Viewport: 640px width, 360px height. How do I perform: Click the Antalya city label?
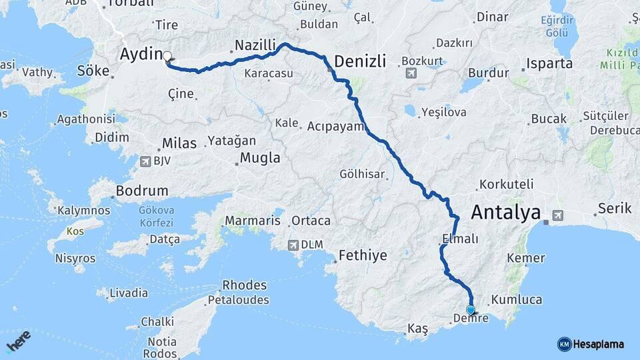click(505, 213)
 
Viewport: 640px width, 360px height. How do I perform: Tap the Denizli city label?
click(360, 61)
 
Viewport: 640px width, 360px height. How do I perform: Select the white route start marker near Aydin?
click(167, 57)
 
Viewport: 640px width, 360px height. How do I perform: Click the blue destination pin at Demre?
click(471, 310)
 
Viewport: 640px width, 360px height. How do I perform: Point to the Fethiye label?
click(363, 255)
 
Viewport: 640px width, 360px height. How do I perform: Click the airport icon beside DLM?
click(293, 245)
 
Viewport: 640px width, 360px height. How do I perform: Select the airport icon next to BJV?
click(146, 161)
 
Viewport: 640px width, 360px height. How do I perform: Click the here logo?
click(19, 342)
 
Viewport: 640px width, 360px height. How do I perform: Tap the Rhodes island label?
click(244, 285)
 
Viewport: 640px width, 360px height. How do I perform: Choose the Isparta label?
click(549, 64)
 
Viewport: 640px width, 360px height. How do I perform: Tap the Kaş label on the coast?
click(417, 329)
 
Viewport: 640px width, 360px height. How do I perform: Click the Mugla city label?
click(259, 159)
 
